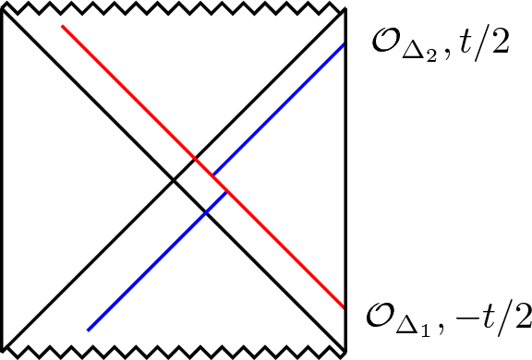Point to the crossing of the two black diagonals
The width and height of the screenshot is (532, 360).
(x=175, y=180)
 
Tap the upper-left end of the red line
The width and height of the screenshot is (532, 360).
(x=62, y=27)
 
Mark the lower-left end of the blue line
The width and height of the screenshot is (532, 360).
(x=88, y=330)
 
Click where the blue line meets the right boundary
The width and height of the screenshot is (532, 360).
(x=345, y=44)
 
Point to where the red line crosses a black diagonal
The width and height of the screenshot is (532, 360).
(x=195, y=160)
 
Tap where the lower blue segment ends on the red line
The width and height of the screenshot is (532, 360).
(x=227, y=192)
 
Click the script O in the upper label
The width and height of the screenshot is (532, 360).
(x=382, y=44)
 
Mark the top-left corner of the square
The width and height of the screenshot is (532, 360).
(x=4, y=11)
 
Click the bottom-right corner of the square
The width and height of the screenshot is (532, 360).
(x=345, y=349)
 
